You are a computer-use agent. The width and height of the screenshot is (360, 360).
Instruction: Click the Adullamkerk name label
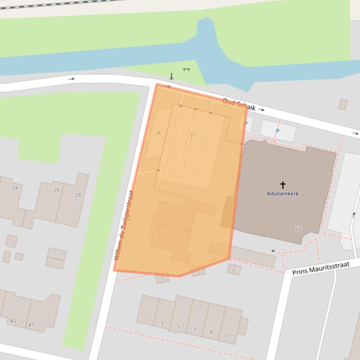click(x=283, y=194)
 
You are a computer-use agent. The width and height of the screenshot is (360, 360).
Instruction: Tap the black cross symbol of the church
click(x=283, y=185)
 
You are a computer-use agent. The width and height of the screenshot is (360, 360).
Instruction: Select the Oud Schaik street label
click(x=239, y=105)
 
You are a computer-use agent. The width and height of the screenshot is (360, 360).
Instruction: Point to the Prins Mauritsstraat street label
click(x=321, y=268)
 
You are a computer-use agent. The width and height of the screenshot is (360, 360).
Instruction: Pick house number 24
click(x=15, y=188)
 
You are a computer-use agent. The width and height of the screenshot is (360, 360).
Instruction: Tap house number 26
click(x=57, y=190)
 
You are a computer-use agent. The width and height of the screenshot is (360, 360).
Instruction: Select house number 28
click(x=78, y=195)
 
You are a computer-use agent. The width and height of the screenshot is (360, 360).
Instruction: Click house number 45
click(x=13, y=321)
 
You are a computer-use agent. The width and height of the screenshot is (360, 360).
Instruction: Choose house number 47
click(x=31, y=325)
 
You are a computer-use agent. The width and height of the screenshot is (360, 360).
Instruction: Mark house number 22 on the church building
click(x=298, y=228)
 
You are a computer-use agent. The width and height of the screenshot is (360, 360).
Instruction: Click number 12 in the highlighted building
click(x=166, y=214)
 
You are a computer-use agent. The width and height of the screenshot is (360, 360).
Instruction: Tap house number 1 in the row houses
click(x=146, y=320)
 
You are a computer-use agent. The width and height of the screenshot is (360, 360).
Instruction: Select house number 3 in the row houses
click(x=162, y=323)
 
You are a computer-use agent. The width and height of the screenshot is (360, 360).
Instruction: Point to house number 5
click(x=178, y=327)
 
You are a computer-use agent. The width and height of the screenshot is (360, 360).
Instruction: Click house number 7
click(x=195, y=330)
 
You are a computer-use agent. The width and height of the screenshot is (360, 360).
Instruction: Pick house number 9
click(x=211, y=332)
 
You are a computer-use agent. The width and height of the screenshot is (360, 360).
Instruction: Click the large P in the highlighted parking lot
click(x=192, y=137)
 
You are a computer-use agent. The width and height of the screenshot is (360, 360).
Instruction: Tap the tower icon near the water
click(x=172, y=76)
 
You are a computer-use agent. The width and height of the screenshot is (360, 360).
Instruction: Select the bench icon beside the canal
click(x=187, y=70)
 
